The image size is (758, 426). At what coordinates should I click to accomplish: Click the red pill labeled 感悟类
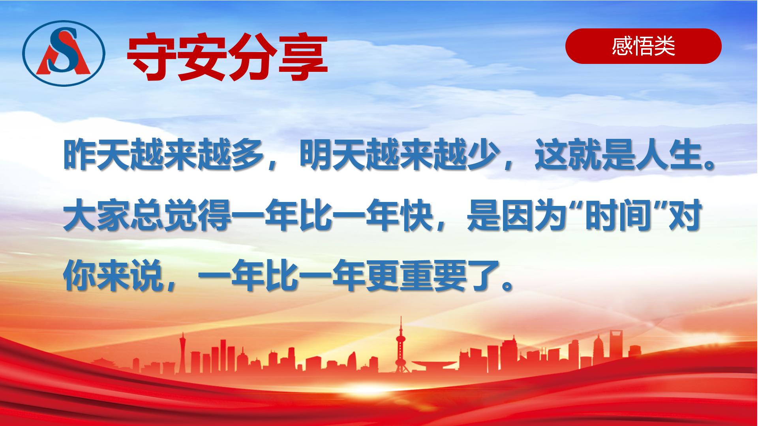pos(644,46)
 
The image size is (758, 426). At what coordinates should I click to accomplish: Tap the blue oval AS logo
pos(64,52)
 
